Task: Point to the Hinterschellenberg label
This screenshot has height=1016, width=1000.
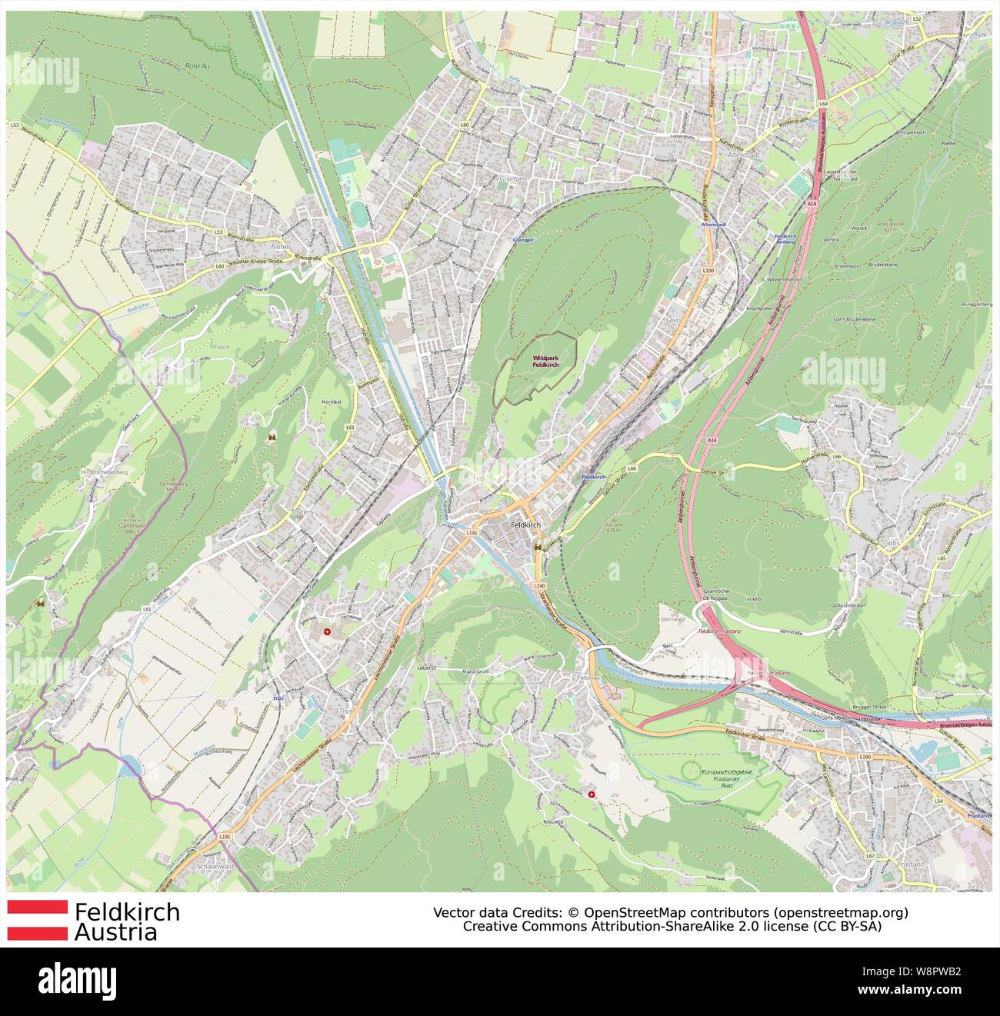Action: (102, 471)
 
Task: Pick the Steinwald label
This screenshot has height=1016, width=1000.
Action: (672, 618)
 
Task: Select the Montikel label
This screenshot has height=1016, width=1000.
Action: (332, 402)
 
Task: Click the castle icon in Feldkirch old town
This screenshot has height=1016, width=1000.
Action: (539, 547)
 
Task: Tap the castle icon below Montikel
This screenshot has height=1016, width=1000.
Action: (271, 437)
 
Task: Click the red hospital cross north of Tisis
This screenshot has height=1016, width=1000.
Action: (328, 631)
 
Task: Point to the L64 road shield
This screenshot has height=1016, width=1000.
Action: (823, 102)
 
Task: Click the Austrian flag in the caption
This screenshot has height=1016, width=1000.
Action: (37, 920)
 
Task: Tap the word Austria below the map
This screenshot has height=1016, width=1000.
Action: (115, 932)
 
